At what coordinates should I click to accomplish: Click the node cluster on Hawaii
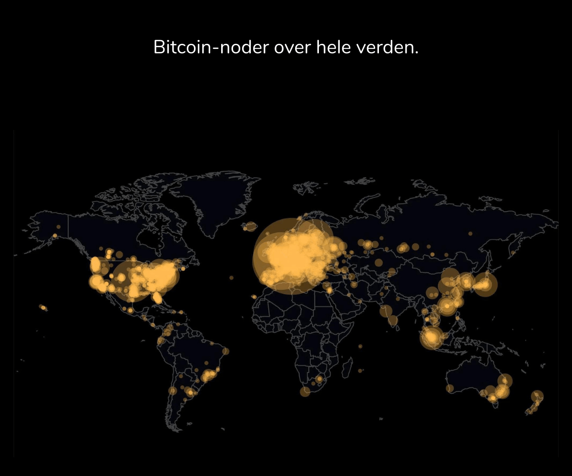43,307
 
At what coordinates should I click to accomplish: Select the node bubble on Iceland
250,227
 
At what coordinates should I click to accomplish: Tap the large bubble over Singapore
432,337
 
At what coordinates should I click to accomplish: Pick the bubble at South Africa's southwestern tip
305,391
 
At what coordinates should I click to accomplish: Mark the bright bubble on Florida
157,298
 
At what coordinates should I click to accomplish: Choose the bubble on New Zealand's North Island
537,396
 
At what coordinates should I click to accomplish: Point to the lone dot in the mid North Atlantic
231,278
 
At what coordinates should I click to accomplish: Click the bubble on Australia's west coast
449,388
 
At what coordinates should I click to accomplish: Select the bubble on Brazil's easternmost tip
225,351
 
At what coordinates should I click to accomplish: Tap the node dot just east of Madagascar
360,370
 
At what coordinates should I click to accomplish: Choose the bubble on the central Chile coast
173,391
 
